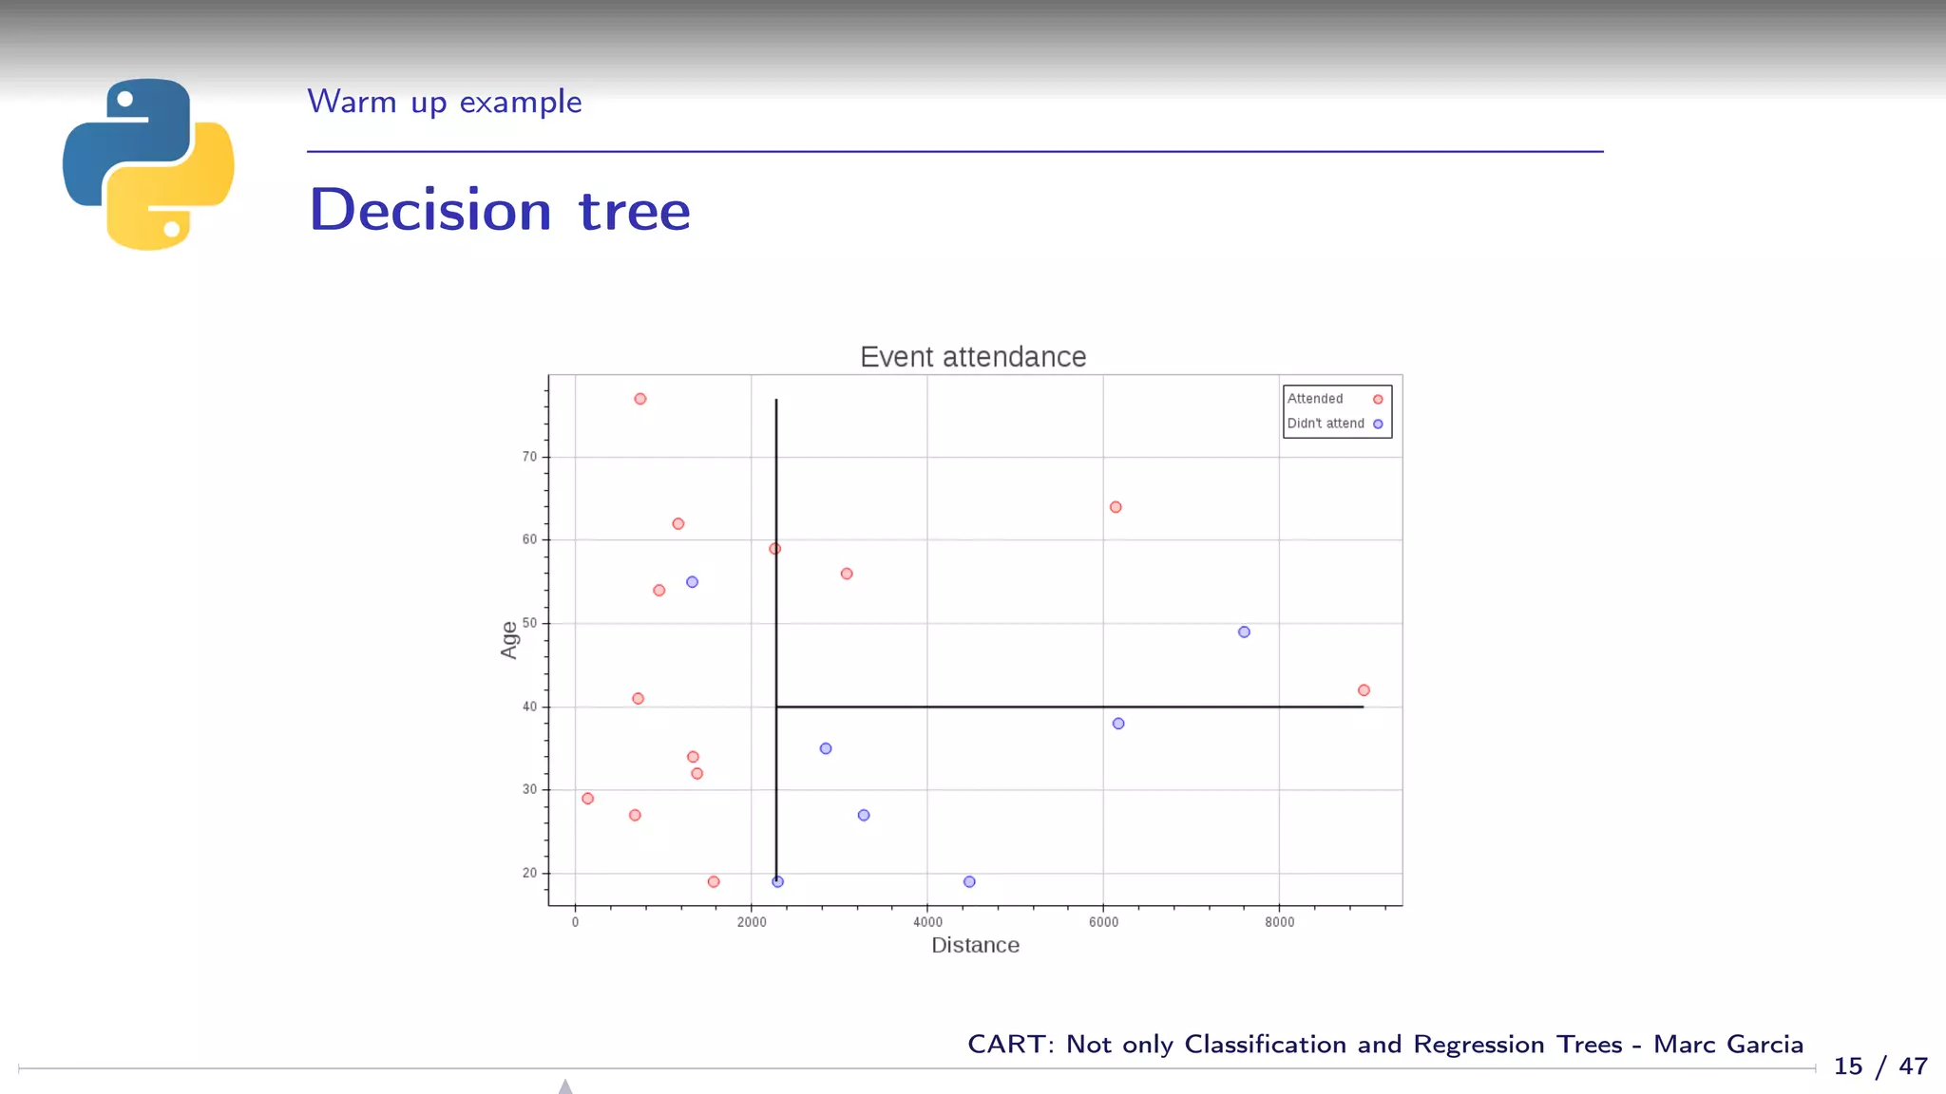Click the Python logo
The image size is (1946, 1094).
coord(148,164)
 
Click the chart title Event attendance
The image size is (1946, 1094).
coord(972,357)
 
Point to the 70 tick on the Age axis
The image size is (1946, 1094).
coord(529,457)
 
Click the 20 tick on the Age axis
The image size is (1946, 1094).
coord(529,873)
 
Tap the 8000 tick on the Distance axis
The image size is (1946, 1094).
coord(1279,922)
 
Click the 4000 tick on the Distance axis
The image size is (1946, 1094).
coord(927,922)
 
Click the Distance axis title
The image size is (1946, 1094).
coord(975,945)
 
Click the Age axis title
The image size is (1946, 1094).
coord(509,639)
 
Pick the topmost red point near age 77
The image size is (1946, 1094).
coord(640,399)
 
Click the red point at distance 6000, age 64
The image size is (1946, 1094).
coord(1116,507)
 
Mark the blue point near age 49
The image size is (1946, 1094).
coord(1244,632)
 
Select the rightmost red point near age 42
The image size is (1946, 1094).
coord(1364,690)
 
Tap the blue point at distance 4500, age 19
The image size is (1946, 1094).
coord(969,881)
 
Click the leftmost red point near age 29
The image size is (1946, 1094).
coord(587,799)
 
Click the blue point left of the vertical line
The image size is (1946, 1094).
coord(692,582)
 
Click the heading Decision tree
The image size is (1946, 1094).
coord(500,210)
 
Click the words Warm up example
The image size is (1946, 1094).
coord(444,102)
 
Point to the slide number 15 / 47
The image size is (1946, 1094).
coord(1879,1066)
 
